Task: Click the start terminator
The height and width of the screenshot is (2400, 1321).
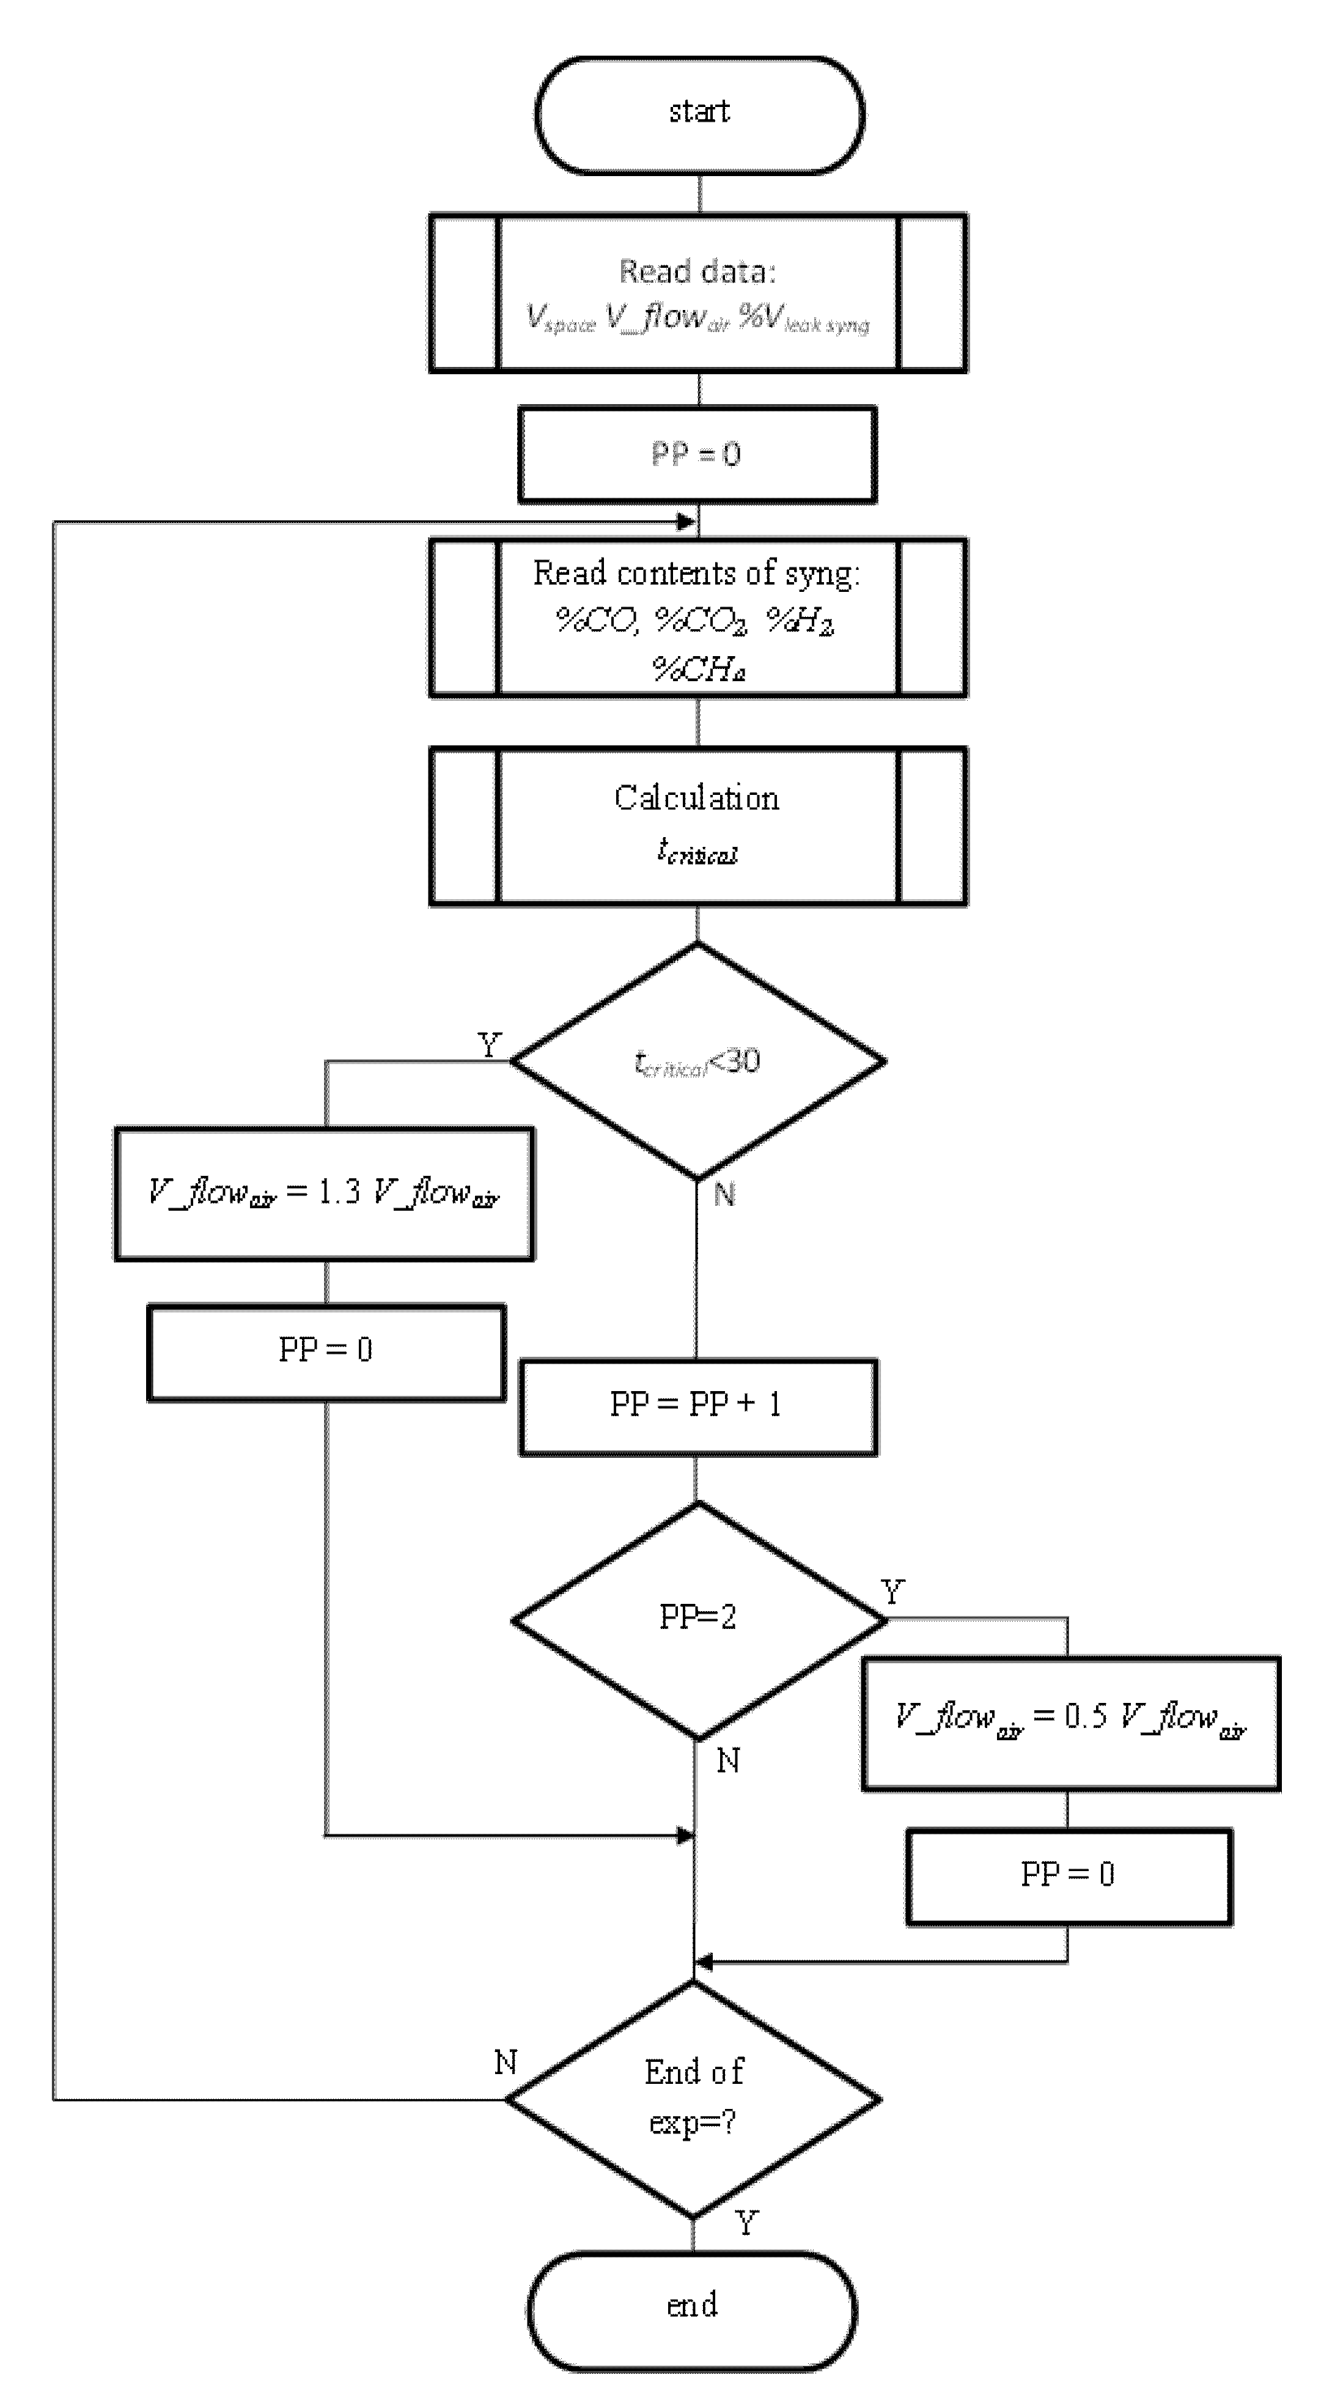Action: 699,114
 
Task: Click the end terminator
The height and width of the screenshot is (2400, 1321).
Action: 692,2306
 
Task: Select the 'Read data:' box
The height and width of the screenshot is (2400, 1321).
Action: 697,294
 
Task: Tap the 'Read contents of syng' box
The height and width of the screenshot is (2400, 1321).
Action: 697,618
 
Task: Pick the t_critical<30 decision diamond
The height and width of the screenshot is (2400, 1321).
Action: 697,1061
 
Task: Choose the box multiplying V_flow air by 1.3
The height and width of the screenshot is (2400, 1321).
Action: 324,1194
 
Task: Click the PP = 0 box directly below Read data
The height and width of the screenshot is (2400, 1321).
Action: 697,455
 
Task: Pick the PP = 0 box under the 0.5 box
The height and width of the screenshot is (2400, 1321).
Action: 1069,1875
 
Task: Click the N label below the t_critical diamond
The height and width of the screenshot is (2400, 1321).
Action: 724,1194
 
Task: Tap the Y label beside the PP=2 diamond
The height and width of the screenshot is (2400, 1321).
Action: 892,1591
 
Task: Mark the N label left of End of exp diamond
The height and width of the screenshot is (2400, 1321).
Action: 505,2062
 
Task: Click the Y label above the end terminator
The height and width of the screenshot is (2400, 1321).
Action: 746,2223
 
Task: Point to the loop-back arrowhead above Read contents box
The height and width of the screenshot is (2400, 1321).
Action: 686,522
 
